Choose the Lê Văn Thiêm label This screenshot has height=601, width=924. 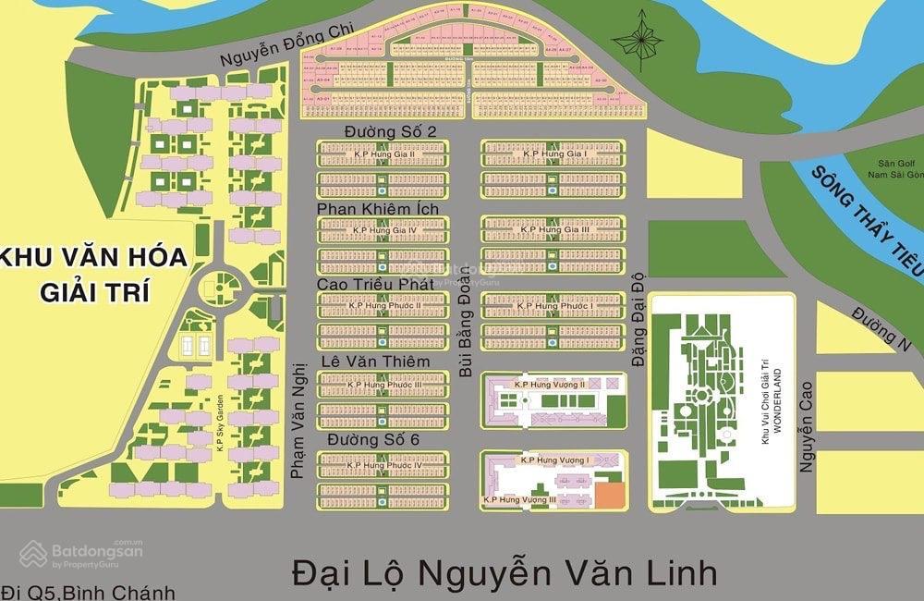pos(375,362)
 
